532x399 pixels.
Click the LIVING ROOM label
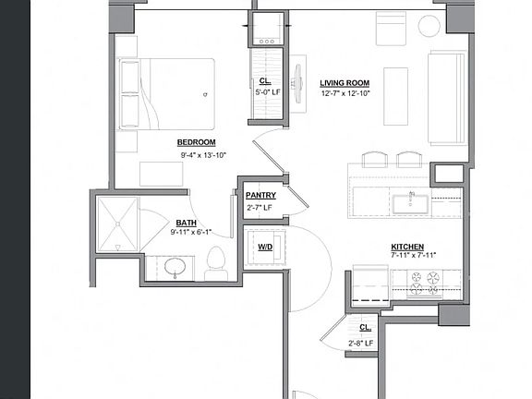point(345,82)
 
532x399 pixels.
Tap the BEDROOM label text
point(196,142)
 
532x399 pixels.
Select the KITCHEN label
point(407,247)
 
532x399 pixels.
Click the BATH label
point(186,223)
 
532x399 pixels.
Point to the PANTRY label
point(260,196)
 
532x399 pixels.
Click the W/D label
point(264,247)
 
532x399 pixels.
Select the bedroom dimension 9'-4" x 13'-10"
point(202,155)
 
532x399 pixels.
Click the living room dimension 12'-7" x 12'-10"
point(345,93)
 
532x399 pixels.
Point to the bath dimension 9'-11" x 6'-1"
point(190,233)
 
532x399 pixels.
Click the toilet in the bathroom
point(216,262)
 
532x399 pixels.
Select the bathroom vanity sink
point(175,269)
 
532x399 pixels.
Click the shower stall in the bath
point(117,224)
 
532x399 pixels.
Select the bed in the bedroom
point(166,94)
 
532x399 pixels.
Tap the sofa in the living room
point(446,98)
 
